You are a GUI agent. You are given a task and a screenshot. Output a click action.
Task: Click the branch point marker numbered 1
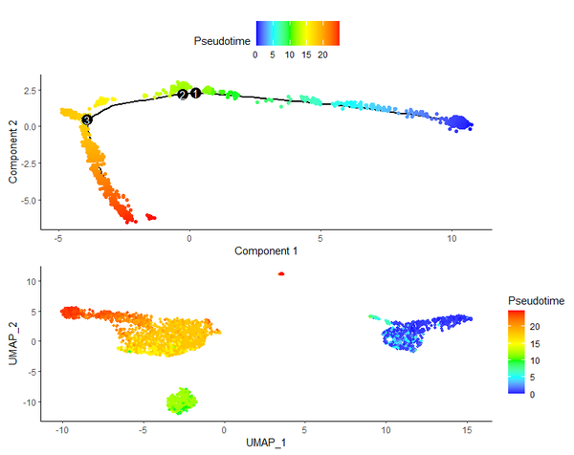click(x=195, y=93)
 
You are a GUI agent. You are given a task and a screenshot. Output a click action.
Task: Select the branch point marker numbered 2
click(x=182, y=95)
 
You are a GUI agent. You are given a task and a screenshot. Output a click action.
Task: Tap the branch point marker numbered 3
click(x=86, y=119)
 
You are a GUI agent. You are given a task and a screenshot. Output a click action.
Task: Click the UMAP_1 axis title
click(x=266, y=444)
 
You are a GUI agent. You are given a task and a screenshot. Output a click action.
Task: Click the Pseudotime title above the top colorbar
click(x=222, y=41)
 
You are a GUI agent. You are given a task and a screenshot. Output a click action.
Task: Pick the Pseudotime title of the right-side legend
click(x=536, y=301)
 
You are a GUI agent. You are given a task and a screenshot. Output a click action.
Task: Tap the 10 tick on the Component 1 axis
click(x=451, y=238)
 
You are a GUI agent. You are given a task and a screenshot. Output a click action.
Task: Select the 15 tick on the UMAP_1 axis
click(x=466, y=430)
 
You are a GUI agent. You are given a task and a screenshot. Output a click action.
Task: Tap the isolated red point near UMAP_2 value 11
click(x=281, y=273)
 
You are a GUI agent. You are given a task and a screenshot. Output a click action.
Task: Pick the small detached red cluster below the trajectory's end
click(x=150, y=217)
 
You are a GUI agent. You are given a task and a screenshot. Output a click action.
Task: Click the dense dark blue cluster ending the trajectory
click(x=461, y=122)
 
